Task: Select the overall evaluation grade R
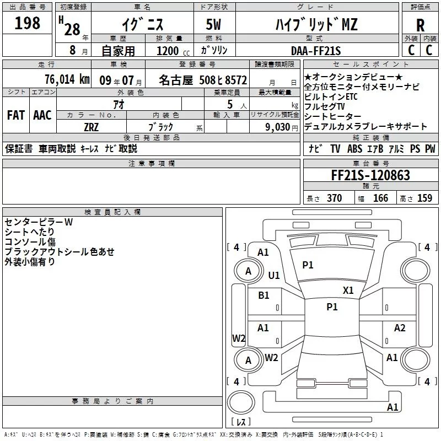[420, 26]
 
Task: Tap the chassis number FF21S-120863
[370, 175]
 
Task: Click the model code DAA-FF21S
[316, 51]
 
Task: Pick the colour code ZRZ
[91, 127]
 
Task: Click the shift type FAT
[15, 115]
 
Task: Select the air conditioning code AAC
[42, 115]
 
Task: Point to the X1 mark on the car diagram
[348, 290]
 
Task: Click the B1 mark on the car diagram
[263, 295]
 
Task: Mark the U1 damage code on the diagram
[274, 275]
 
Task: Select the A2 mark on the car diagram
[400, 328]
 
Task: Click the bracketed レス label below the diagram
[240, 422]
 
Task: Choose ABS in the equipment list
[354, 149]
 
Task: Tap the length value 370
[334, 198]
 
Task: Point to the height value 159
[424, 198]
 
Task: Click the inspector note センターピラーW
[38, 222]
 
